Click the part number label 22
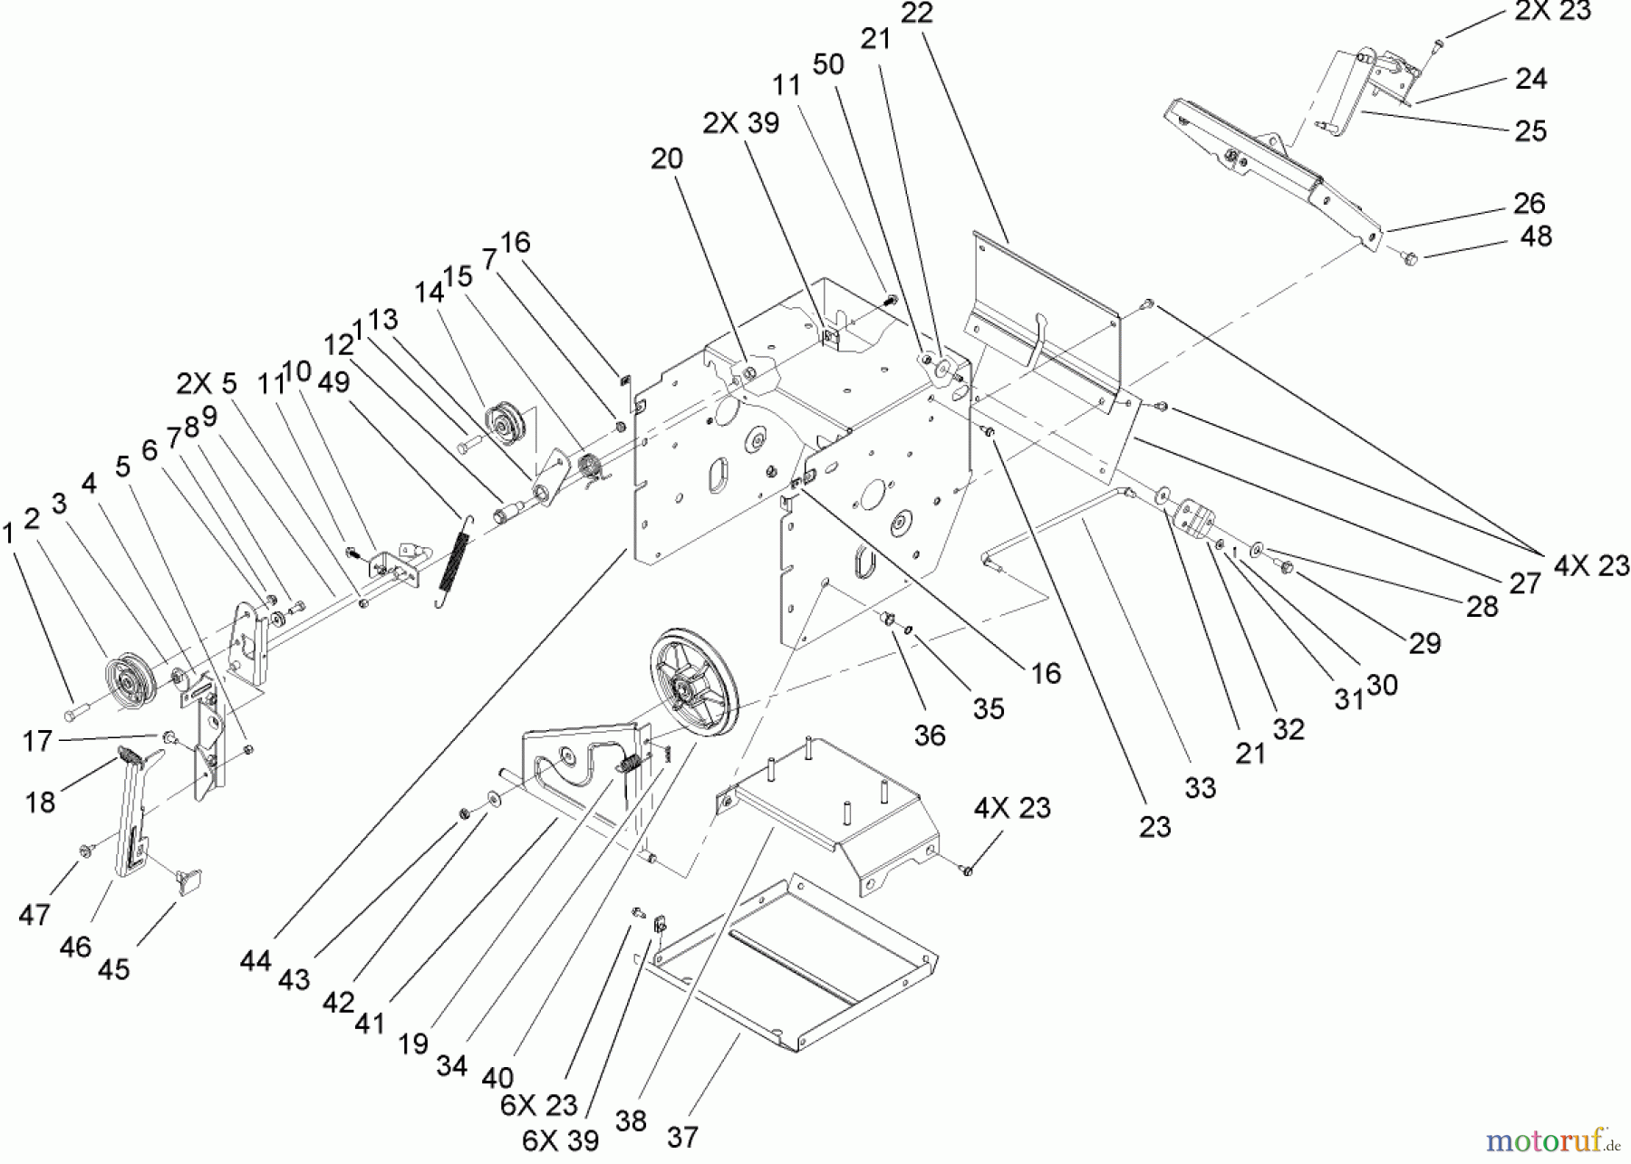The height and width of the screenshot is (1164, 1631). [x=918, y=13]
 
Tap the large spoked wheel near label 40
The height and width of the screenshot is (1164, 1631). [x=693, y=675]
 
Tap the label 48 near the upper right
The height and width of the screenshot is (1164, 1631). [x=1535, y=236]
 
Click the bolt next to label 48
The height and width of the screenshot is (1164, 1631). [x=1407, y=258]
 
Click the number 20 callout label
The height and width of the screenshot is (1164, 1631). [x=667, y=159]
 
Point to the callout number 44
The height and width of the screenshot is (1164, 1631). [x=256, y=960]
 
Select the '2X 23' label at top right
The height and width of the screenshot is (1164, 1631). [x=1552, y=11]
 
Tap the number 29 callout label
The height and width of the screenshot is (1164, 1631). [x=1424, y=643]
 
